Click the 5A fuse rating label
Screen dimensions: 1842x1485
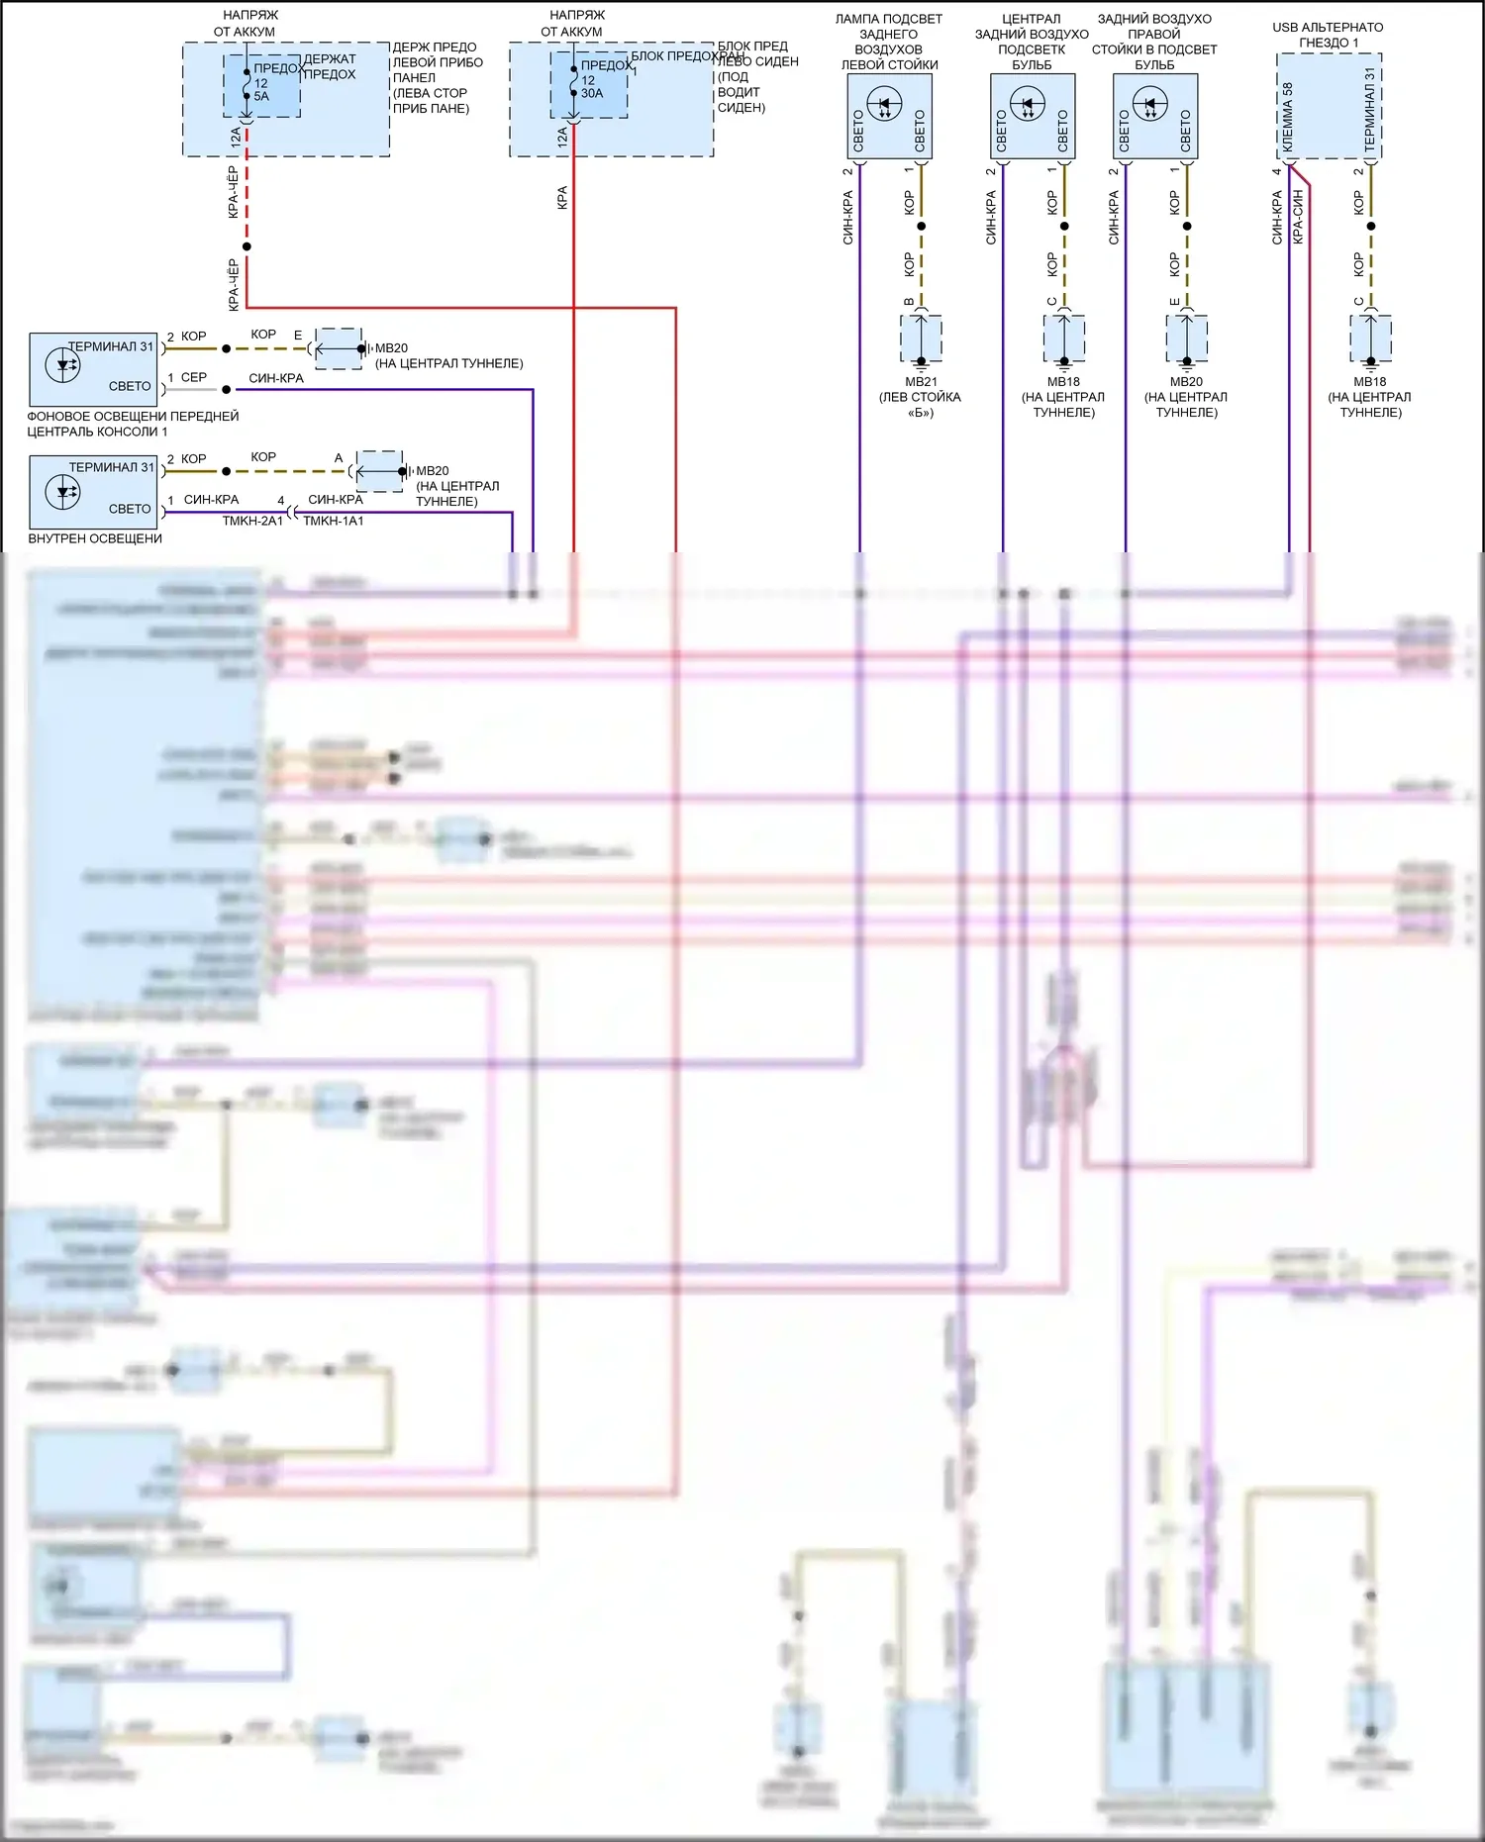click(x=261, y=97)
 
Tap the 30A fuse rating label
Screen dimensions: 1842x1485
click(x=592, y=94)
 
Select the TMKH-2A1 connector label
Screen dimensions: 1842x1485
click(x=252, y=522)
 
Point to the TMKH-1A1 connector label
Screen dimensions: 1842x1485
click(x=334, y=522)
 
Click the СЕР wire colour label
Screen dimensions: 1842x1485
click(x=194, y=378)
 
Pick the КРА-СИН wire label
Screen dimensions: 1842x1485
click(x=1298, y=217)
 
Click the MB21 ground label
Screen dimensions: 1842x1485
click(x=921, y=382)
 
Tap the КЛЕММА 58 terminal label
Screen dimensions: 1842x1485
click(x=1288, y=117)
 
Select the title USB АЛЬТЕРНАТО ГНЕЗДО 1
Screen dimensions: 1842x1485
click(x=1328, y=35)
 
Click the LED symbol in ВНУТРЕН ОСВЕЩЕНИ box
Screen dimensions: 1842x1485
click(x=63, y=492)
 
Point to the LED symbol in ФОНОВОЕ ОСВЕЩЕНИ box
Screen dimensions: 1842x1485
click(x=63, y=365)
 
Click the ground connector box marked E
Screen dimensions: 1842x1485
click(x=339, y=348)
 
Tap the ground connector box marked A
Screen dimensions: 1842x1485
click(x=379, y=471)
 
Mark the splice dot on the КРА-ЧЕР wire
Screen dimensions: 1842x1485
click(x=247, y=246)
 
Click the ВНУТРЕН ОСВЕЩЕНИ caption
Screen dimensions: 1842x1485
click(x=95, y=539)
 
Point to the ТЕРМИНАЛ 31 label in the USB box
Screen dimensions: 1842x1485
click(x=1369, y=109)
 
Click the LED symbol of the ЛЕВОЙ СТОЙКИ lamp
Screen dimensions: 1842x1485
click(x=884, y=103)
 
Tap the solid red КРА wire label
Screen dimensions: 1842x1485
click(x=562, y=197)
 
